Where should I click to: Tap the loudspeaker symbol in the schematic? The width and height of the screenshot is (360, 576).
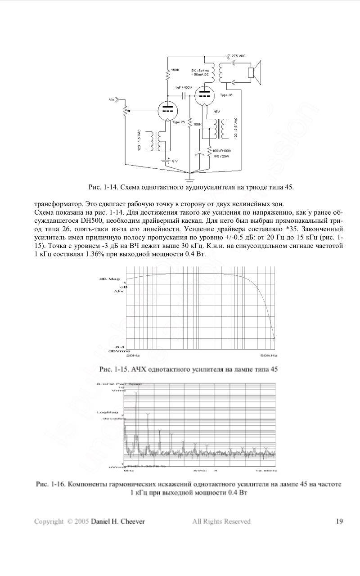click(x=255, y=72)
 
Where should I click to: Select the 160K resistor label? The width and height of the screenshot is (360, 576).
click(x=175, y=70)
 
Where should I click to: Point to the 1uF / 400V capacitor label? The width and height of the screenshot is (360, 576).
click(x=184, y=87)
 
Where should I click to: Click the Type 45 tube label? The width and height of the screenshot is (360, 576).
click(x=226, y=95)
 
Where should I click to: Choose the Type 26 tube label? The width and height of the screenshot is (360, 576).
click(x=179, y=122)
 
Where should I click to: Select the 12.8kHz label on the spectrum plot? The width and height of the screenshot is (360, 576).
click(x=265, y=471)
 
